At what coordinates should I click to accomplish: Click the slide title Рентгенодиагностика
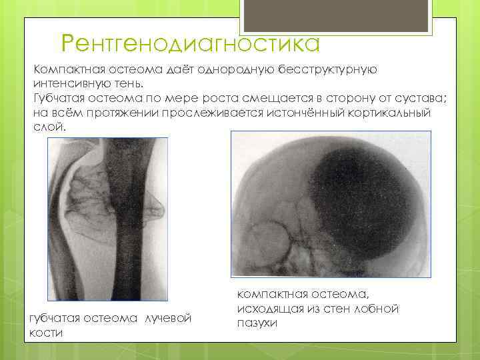click(x=190, y=44)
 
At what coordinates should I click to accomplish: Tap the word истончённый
click(x=301, y=112)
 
